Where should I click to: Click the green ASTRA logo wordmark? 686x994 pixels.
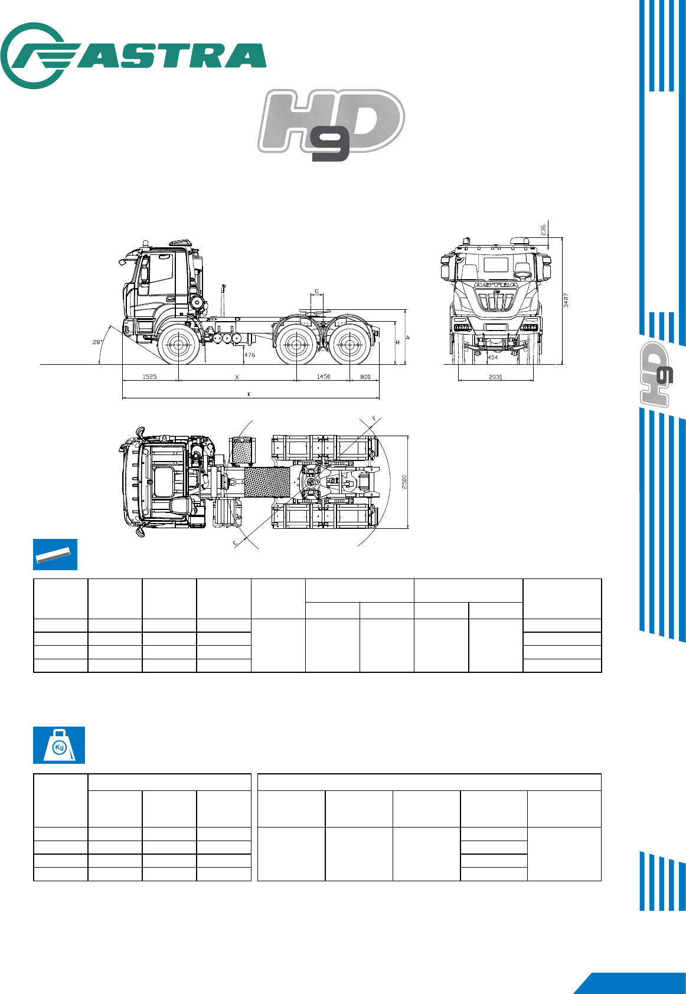(133, 55)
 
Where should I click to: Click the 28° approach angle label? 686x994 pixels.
(97, 342)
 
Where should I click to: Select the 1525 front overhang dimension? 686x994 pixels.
(149, 377)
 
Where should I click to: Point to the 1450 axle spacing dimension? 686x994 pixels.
(323, 377)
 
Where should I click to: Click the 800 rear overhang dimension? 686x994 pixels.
(365, 377)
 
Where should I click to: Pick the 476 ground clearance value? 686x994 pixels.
(250, 355)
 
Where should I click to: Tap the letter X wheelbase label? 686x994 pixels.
(237, 378)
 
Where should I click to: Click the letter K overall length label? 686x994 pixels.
(249, 394)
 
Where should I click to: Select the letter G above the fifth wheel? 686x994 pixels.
(317, 292)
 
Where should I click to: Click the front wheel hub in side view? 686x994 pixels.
(178, 344)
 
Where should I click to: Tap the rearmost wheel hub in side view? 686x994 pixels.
(349, 344)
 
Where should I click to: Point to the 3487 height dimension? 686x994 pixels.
(566, 300)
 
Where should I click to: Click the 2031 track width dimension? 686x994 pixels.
(496, 377)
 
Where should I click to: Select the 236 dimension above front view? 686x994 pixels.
(543, 230)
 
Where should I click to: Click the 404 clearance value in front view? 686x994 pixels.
(492, 357)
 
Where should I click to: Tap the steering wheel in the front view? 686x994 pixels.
(522, 274)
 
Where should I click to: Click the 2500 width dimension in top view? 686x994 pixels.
(404, 482)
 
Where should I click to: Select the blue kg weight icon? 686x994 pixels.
(59, 745)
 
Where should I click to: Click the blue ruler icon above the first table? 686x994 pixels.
(55, 555)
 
